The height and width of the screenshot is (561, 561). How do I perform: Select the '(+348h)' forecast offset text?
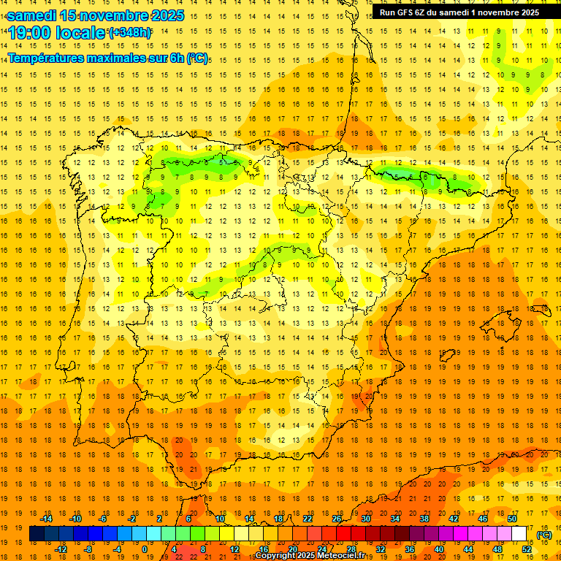(130, 33)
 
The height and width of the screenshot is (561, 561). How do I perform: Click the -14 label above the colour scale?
(47, 519)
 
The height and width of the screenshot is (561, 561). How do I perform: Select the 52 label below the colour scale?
(527, 549)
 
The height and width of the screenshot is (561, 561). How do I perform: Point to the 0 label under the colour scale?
(144, 549)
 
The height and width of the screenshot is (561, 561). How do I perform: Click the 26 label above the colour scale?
(337, 519)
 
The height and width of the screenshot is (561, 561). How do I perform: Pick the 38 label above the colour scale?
(424, 519)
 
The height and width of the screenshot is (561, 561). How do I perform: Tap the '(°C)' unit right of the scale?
(544, 535)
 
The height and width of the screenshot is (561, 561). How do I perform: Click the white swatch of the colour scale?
(519, 534)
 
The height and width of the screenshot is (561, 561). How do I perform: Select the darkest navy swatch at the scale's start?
(37, 534)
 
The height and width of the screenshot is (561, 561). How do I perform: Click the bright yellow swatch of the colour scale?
(241, 534)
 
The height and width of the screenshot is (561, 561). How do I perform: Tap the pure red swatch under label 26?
(343, 534)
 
